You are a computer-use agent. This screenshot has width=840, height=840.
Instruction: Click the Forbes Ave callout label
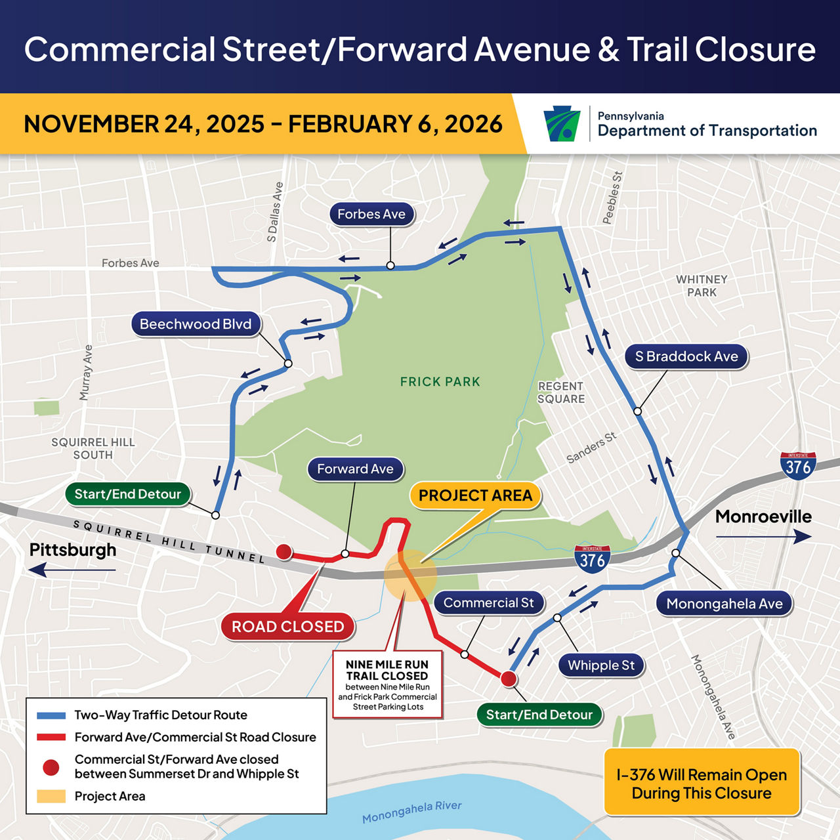click(x=371, y=214)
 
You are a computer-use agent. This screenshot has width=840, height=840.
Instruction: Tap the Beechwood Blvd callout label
click(x=196, y=324)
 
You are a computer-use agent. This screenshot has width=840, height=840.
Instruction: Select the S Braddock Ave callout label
click(x=686, y=356)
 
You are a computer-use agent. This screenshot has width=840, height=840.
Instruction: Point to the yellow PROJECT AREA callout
click(x=475, y=495)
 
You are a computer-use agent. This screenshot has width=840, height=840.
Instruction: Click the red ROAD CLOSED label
click(x=287, y=627)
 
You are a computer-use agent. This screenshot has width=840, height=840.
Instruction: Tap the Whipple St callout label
click(x=601, y=665)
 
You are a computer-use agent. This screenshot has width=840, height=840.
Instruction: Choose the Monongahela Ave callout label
click(x=724, y=604)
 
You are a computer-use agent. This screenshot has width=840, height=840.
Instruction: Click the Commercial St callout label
click(x=489, y=602)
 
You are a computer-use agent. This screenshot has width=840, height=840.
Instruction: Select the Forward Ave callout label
click(x=355, y=469)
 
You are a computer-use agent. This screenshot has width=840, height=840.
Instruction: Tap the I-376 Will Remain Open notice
click(x=702, y=784)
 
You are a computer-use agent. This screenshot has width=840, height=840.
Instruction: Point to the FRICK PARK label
click(x=440, y=381)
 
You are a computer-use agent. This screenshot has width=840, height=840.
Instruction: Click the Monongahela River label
click(x=412, y=812)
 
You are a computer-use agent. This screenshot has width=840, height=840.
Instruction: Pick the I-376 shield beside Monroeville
click(x=798, y=466)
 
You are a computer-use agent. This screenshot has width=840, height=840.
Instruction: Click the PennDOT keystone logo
click(x=562, y=123)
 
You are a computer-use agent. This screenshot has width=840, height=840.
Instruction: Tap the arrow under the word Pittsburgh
click(x=72, y=570)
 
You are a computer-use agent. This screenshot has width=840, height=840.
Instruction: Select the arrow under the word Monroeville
click(x=764, y=537)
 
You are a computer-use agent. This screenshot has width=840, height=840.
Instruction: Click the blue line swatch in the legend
click(x=51, y=715)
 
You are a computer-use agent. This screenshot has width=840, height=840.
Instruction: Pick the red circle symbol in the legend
click(x=51, y=766)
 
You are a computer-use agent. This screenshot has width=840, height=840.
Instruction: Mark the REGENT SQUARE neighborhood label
click(x=561, y=392)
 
